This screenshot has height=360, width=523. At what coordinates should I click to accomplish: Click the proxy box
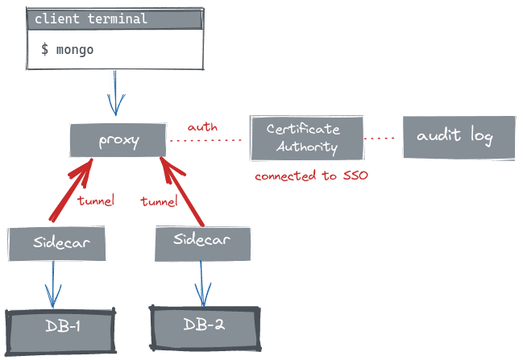coord(118,140)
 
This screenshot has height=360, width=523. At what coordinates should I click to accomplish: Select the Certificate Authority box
coord(307,138)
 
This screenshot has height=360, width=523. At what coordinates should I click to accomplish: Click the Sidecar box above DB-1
coord(57,243)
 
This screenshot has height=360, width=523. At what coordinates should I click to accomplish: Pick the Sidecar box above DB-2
coord(202,242)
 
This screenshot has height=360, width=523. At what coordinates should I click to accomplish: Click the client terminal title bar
coord(114,19)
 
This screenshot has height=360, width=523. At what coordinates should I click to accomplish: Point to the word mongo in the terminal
coord(74,50)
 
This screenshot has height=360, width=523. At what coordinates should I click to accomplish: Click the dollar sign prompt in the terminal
coord(45,50)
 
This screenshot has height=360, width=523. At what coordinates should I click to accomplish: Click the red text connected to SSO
coord(311,176)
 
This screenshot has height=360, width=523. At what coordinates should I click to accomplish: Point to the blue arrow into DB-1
coord(53,285)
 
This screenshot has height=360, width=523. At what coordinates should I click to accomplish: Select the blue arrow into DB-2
coord(201,283)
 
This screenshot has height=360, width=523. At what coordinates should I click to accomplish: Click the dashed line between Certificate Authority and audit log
coord(382,139)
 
